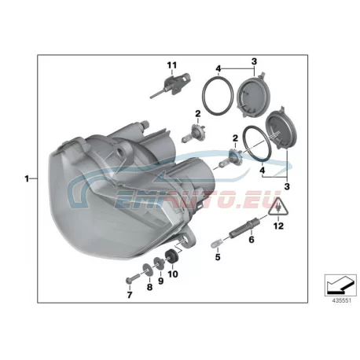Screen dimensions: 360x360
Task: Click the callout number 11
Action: pyautogui.click(x=172, y=65)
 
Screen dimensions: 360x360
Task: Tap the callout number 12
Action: pyautogui.click(x=278, y=226)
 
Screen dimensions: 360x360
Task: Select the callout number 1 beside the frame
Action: pyautogui.click(x=27, y=179)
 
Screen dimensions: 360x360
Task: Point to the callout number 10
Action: pyautogui.click(x=173, y=274)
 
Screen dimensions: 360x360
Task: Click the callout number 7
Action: pyautogui.click(x=130, y=295)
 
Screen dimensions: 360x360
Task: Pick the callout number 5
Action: pyautogui.click(x=218, y=257)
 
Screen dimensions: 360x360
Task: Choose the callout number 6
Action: pyautogui.click(x=252, y=239)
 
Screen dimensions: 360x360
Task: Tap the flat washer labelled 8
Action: pyautogui.click(x=148, y=270)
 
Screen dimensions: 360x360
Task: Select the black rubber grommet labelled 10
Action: pyautogui.click(x=171, y=255)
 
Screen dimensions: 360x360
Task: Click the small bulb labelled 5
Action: pyautogui.click(x=216, y=244)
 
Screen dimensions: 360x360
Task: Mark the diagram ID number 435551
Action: pyautogui.click(x=341, y=301)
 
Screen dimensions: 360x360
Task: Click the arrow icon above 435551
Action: pyautogui.click(x=340, y=285)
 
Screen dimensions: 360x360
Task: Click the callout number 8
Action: pyautogui.click(x=149, y=287)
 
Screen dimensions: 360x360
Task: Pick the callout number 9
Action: pyautogui.click(x=160, y=281)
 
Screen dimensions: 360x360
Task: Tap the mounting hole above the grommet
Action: pyautogui.click(x=186, y=241)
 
